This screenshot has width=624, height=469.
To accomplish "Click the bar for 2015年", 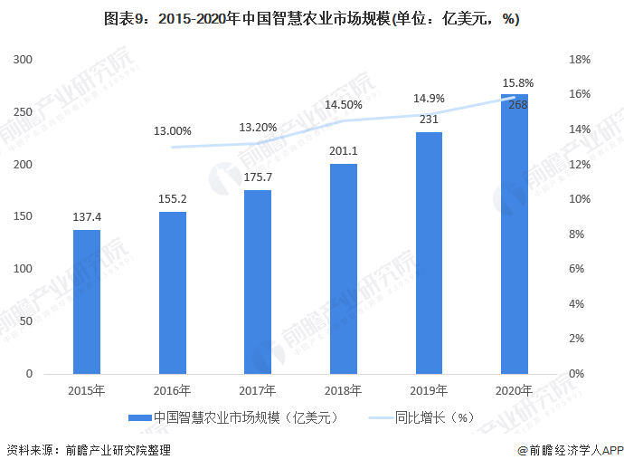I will point(87,301).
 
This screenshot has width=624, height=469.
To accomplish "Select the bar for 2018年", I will point(344,268).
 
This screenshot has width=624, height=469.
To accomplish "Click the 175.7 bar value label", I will point(258,178).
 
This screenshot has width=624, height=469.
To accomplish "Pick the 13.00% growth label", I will point(172,130).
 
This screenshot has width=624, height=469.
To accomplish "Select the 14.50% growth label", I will point(344,105).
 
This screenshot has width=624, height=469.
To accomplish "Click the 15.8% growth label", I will point(518,83).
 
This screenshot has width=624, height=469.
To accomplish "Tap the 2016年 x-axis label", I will point(172,391).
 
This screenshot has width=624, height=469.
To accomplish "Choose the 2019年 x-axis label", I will point(430,391).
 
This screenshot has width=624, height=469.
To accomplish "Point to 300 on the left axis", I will point(24,60).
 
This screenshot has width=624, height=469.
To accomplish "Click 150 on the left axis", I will point(24,217).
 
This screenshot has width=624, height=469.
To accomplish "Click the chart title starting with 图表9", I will point(311,19).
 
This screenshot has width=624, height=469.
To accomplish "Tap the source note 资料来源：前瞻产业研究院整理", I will point(89,450).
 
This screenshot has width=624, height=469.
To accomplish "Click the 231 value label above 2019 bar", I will point(430,120).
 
